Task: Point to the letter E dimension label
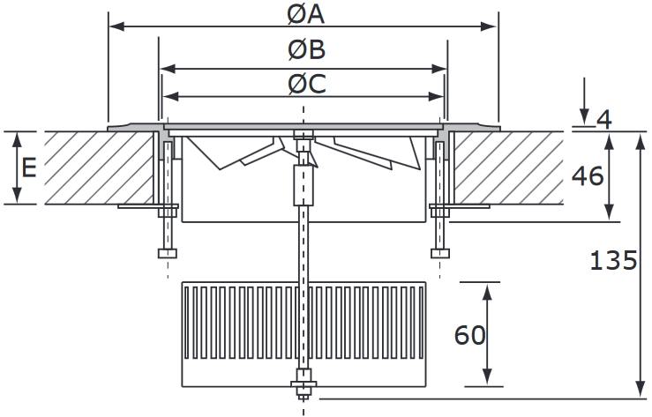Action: [29, 168]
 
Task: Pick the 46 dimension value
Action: [587, 175]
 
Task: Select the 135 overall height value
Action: [613, 260]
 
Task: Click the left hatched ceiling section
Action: [97, 168]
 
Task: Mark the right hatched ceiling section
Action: [507, 168]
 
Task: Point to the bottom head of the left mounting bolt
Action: [167, 254]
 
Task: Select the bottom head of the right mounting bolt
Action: [440, 254]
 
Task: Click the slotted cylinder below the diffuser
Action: [304, 333]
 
